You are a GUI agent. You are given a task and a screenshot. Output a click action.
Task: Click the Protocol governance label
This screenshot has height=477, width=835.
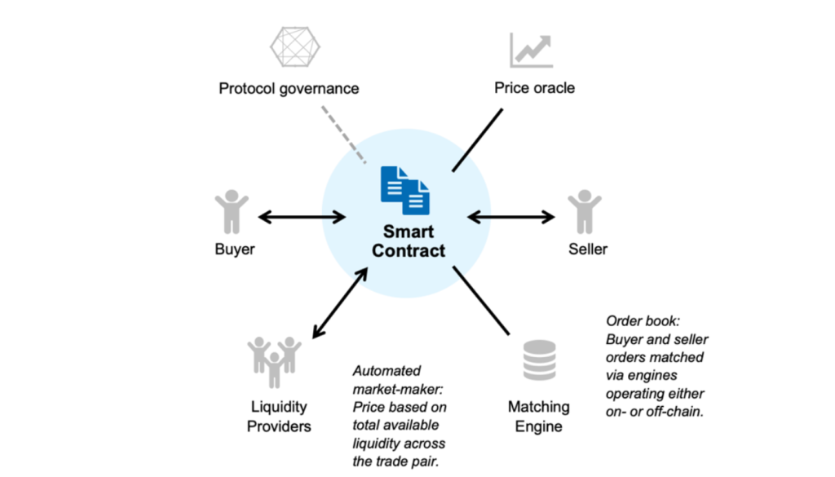(289, 88)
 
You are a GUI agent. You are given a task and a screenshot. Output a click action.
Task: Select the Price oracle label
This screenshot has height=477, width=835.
(534, 87)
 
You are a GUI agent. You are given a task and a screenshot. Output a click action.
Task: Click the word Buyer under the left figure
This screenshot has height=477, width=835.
(235, 250)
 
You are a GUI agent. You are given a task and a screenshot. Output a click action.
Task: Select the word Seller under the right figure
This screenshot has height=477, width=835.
(588, 249)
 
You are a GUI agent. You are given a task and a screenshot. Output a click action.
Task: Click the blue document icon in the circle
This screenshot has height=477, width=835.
(405, 189)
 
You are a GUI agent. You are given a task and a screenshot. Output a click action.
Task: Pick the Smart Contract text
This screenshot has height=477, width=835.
(409, 241)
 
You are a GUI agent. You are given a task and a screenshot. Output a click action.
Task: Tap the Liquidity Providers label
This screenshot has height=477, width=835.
(279, 416)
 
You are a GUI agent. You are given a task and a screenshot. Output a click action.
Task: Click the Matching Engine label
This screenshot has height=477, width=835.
(539, 416)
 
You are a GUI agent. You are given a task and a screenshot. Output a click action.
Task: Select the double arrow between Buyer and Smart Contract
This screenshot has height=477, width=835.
(302, 217)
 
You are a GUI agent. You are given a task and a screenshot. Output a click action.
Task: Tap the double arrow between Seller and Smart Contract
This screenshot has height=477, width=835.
(512, 217)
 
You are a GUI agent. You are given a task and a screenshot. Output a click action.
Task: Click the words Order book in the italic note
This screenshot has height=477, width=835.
(638, 321)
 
